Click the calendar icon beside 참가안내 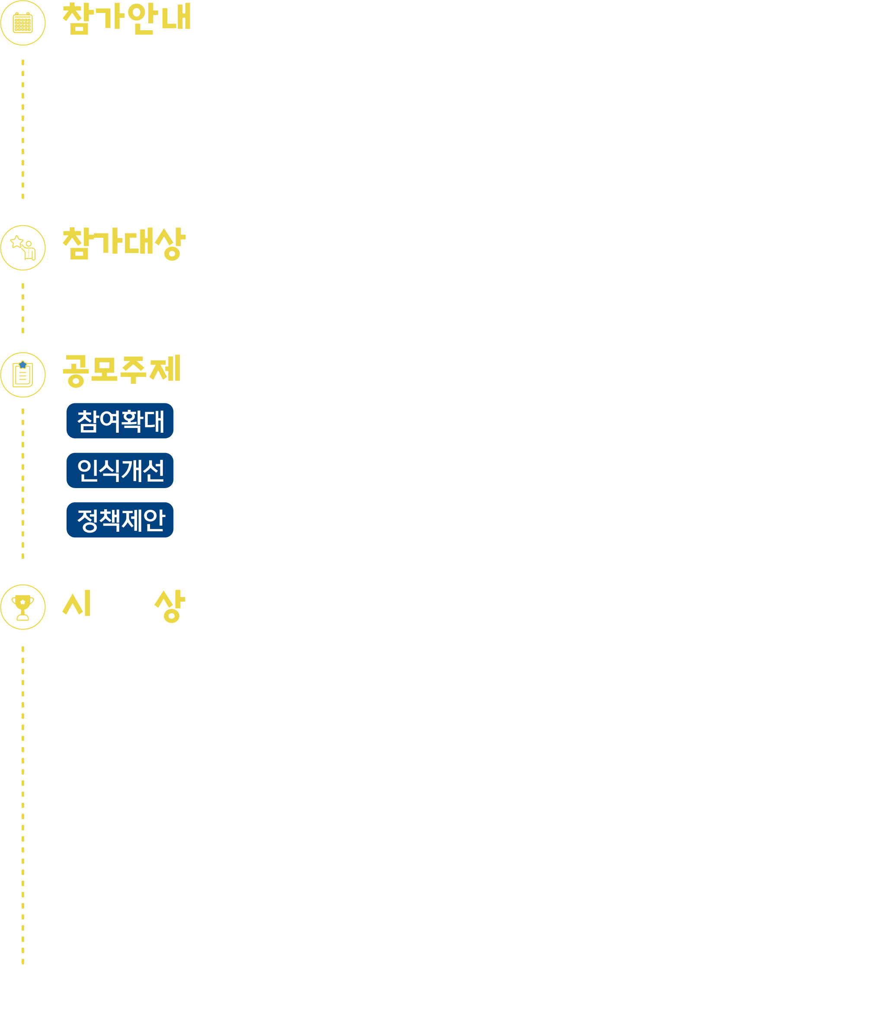point(23,23)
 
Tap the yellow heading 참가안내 point(127,19)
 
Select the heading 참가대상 point(124,243)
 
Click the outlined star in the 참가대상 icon point(17,241)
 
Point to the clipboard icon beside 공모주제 point(23,375)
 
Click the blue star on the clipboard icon point(23,365)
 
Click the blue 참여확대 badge point(120,421)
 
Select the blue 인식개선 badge point(120,470)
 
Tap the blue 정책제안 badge point(120,520)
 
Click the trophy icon point(23,607)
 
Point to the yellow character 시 point(77,603)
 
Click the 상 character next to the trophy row point(170,606)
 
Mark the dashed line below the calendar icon point(23,129)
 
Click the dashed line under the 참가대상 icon point(23,308)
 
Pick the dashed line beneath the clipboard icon point(23,483)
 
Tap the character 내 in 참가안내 point(177,16)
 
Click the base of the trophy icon point(23,617)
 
